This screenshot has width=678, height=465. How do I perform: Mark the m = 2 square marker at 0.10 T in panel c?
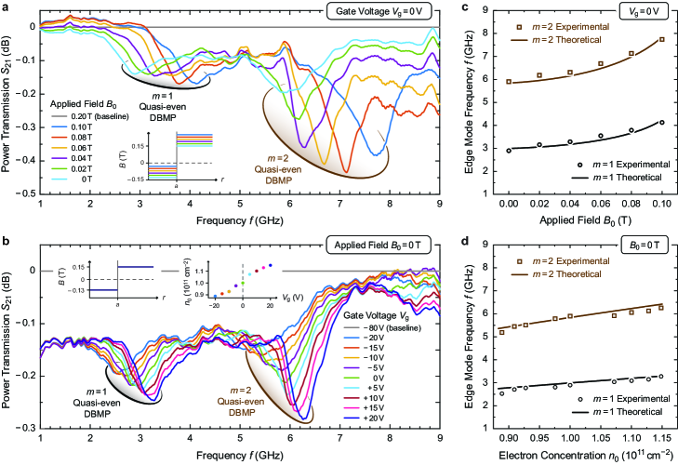(x=661, y=39)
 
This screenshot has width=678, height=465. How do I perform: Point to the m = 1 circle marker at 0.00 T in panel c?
(x=510, y=150)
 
